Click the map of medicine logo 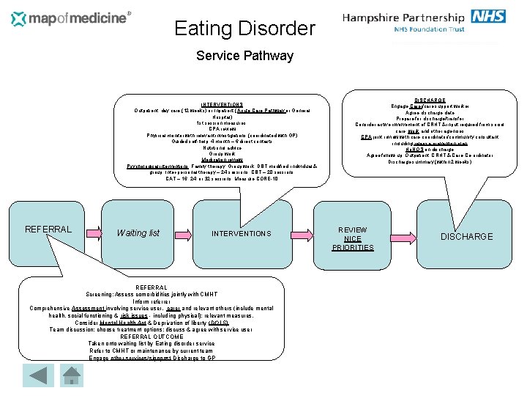coord(72,18)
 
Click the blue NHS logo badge coord(488,17)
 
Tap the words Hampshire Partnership coord(403,18)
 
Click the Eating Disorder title coord(244,29)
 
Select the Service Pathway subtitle coord(245,56)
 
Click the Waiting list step coord(138,233)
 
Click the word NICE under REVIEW coord(352,238)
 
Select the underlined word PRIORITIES coord(352,247)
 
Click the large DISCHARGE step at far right coord(466,236)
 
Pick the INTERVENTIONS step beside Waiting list coord(242,233)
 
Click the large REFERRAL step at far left coord(48,229)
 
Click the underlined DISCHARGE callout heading coord(430,100)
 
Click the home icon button coord(71,375)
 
